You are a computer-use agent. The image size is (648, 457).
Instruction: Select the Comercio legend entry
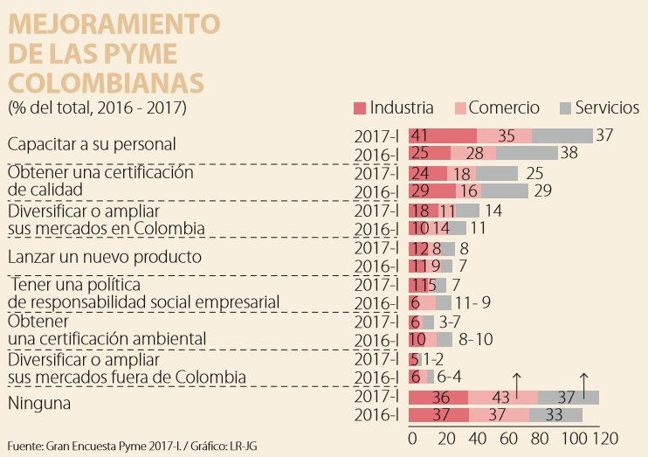[x=504, y=107]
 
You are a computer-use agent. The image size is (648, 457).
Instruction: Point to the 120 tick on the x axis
[x=605, y=438]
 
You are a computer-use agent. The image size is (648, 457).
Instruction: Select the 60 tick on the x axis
[x=506, y=438]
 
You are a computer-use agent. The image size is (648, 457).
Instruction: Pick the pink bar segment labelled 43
[x=502, y=398]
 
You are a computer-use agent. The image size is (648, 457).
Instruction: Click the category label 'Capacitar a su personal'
[x=92, y=143]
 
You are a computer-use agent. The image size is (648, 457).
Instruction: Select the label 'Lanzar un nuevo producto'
[x=105, y=257]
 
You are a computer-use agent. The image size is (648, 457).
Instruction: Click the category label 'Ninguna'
[x=38, y=404]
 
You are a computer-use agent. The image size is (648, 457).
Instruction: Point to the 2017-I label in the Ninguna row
[x=376, y=397]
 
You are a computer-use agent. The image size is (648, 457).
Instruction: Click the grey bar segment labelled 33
[x=555, y=414]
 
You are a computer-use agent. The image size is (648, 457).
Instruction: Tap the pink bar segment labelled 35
[x=505, y=135]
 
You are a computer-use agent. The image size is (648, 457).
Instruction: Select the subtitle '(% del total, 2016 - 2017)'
[x=96, y=108]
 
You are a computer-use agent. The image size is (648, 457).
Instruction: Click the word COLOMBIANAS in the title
[x=106, y=82]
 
